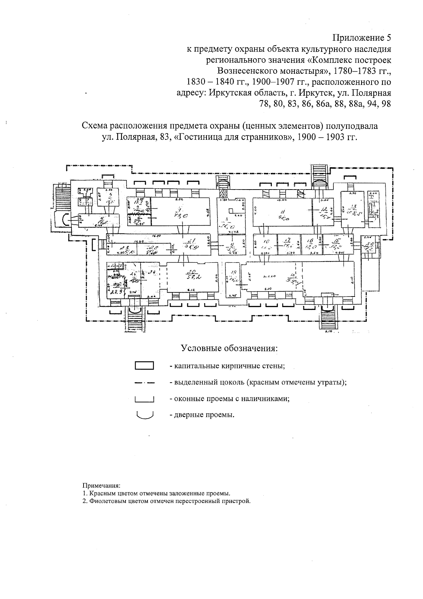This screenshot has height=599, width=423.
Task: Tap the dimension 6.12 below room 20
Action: pos(192,290)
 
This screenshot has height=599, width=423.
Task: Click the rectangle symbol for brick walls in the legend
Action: pos(144,365)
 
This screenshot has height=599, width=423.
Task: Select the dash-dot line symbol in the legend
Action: pos(144,382)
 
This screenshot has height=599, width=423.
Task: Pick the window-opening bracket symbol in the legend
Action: pos(144,399)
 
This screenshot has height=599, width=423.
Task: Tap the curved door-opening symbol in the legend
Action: pos(144,414)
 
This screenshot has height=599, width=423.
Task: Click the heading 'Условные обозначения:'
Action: pos(229,348)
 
